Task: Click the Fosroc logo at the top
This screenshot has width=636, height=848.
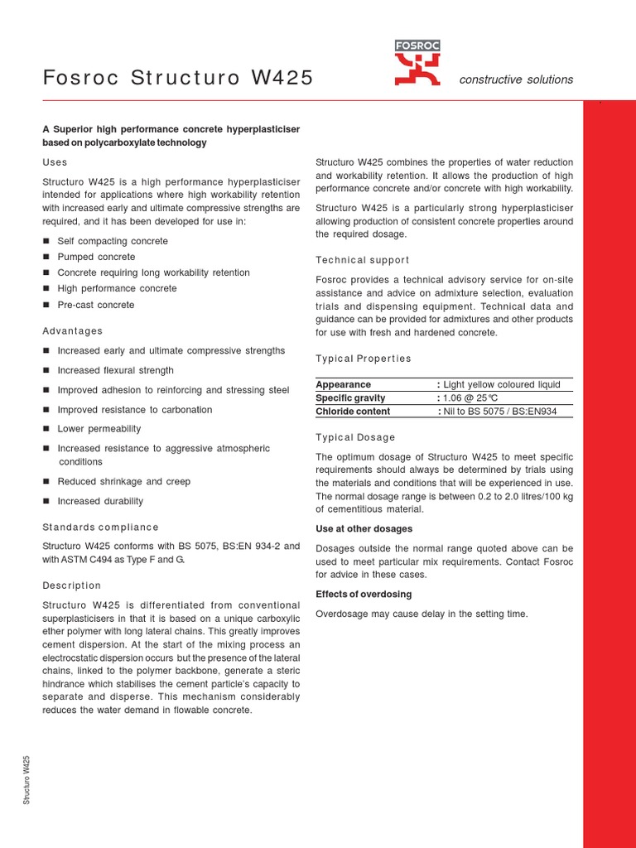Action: [x=417, y=64]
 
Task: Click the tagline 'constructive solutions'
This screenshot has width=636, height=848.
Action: [x=516, y=79]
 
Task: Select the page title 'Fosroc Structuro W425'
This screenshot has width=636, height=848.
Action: [x=178, y=79]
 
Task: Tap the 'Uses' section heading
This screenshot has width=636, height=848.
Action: [x=55, y=162]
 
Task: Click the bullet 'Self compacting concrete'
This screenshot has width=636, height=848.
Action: [x=112, y=241]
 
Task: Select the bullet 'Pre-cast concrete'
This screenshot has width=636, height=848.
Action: [x=95, y=305]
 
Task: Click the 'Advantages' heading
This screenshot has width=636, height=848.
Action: [x=73, y=331]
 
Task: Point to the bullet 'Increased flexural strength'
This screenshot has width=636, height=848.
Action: [x=115, y=370]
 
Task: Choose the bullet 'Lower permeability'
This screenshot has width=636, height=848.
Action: [x=99, y=429]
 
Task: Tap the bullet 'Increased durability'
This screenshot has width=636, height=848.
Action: [x=99, y=501]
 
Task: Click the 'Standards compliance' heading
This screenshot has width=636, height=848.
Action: [x=100, y=527]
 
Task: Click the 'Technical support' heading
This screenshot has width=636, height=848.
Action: [x=363, y=260]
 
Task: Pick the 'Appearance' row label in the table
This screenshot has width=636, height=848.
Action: [x=344, y=385]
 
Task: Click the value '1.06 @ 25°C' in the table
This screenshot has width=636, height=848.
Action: [x=471, y=398]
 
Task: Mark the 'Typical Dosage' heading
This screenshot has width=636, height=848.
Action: [x=356, y=437]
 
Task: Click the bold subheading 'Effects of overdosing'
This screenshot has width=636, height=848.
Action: [x=364, y=595]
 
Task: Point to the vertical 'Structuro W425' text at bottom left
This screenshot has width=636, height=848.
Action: [x=27, y=780]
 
